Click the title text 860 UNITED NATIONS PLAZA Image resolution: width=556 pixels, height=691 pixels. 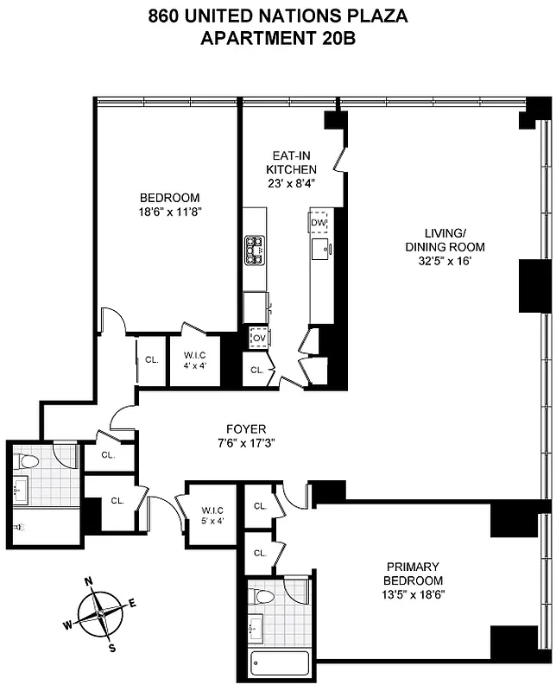coord(277,16)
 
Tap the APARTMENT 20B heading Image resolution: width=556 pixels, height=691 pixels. coord(277,37)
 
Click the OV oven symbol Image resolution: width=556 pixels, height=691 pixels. coord(257,337)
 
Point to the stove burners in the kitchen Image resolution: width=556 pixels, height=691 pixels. coord(255,250)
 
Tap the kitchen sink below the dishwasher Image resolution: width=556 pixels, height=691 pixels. coord(321,250)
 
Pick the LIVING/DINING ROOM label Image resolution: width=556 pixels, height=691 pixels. coord(449,240)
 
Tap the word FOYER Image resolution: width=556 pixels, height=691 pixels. coord(246,429)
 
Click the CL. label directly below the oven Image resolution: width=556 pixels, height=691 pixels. coord(257,370)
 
